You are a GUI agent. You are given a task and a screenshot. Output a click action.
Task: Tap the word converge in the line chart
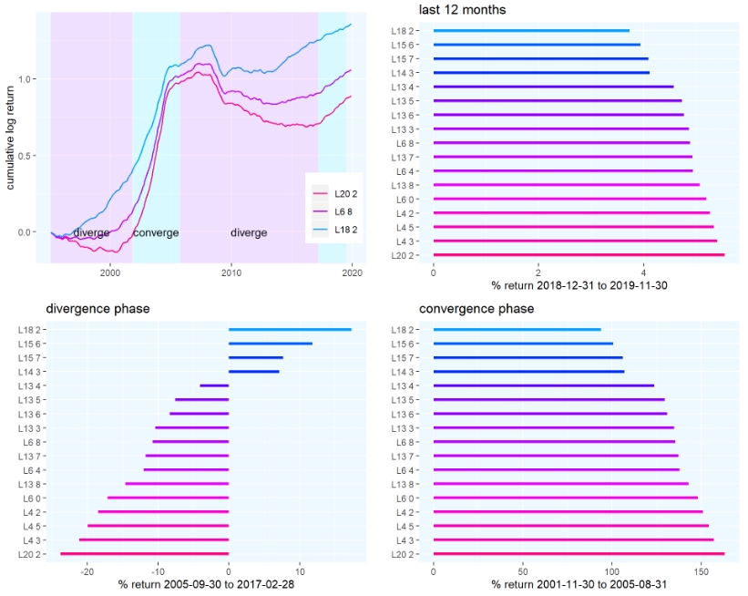tap(156, 233)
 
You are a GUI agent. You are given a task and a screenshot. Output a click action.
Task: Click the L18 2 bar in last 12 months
tap(531, 30)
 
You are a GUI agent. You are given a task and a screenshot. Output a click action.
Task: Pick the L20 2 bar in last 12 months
tap(579, 255)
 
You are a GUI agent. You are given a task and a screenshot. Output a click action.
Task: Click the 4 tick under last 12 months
tap(644, 272)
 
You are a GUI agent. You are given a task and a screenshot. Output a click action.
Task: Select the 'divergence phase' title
tap(97, 309)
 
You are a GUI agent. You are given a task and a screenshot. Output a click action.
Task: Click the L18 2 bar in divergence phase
tap(290, 330)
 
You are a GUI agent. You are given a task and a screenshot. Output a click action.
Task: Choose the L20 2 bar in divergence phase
tap(144, 554)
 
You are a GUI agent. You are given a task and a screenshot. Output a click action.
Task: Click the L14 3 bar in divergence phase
tap(254, 372)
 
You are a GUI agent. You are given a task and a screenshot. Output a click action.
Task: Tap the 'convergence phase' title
tap(476, 309)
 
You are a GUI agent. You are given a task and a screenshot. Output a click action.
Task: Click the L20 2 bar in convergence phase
tap(579, 554)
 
